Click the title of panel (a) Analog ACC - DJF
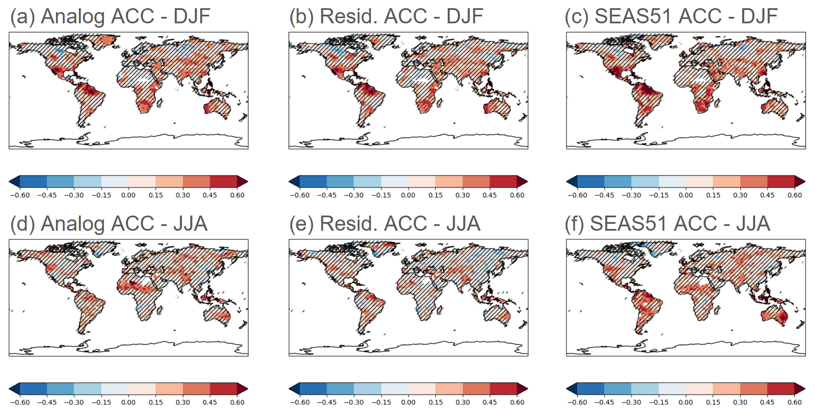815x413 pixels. tap(110, 17)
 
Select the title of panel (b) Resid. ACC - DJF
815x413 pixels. tap(386, 17)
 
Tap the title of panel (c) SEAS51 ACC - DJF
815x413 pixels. tap(671, 17)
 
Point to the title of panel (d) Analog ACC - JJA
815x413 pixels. tap(109, 224)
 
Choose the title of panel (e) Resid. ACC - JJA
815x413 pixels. tap(385, 224)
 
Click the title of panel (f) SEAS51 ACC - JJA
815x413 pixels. tap(667, 224)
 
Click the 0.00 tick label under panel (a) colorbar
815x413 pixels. tap(128, 195)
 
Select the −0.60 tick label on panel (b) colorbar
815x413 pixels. tap(299, 195)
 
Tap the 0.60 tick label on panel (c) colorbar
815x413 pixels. tap(795, 195)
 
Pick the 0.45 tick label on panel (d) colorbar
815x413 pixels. tap(210, 403)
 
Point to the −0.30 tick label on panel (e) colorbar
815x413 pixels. tap(354, 403)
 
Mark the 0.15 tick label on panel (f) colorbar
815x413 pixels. tap(713, 403)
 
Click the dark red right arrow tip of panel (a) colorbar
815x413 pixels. tap(243, 181)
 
